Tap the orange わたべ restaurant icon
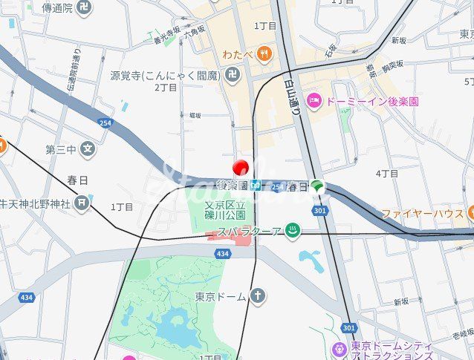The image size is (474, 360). [264, 54]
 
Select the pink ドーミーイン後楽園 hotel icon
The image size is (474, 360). [314, 99]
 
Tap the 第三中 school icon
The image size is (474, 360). [88, 148]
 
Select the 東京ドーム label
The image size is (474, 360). [220, 297]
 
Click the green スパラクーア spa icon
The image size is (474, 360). [294, 230]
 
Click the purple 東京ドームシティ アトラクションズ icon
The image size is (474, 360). [340, 348]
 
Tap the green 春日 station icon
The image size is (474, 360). [318, 186]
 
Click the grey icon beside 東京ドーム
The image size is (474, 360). [258, 297]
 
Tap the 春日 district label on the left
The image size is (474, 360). [77, 180]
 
